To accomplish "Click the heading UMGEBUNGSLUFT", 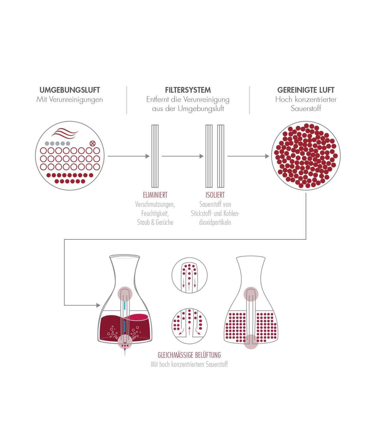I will [x=69, y=90].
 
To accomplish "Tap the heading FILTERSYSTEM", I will [x=188, y=90].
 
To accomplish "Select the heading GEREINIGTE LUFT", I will [x=305, y=90].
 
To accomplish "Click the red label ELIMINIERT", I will [x=155, y=195].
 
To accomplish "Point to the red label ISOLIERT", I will [x=215, y=195].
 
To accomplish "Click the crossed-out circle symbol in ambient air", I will [x=93, y=143].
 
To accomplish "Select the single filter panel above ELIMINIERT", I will [x=155, y=156].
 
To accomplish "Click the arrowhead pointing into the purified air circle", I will [x=267, y=156].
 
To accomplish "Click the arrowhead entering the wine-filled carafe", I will [x=99, y=305].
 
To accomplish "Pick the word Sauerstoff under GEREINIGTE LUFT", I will [x=306, y=109].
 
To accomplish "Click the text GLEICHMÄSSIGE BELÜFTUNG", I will [x=189, y=355].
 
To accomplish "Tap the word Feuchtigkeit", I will [x=155, y=213].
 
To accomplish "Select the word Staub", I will [x=143, y=222].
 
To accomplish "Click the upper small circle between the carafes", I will [x=189, y=274].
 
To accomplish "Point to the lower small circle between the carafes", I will [x=189, y=326].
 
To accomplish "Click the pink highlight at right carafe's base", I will [x=251, y=341].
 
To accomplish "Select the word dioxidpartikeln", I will [x=215, y=222].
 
